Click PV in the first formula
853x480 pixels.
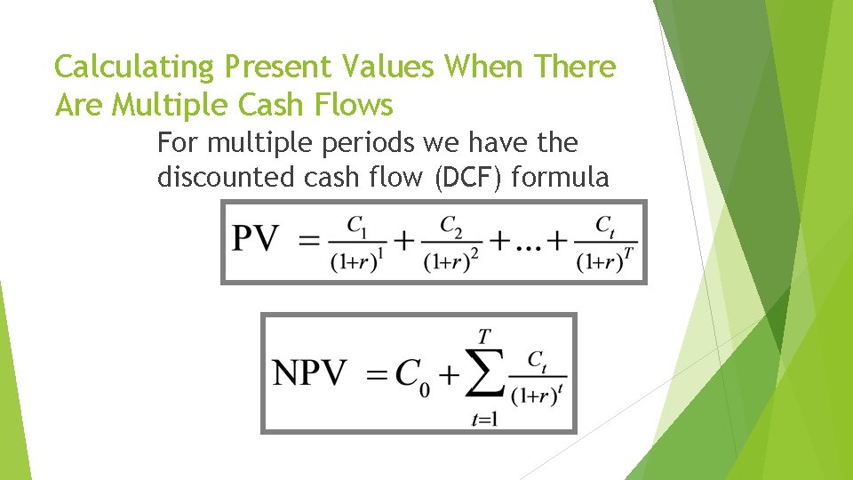[x=256, y=238]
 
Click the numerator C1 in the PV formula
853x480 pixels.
[x=357, y=226]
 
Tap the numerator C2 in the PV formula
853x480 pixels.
[x=452, y=226]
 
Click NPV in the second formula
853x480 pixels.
[x=309, y=373]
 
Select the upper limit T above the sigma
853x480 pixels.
[x=484, y=336]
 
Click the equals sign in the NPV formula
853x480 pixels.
[x=377, y=375]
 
